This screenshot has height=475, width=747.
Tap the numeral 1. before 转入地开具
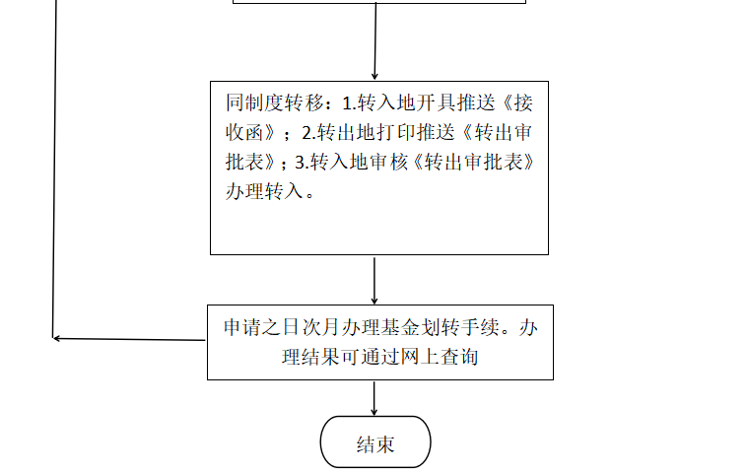click(x=349, y=103)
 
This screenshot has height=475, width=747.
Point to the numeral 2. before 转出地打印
click(x=309, y=133)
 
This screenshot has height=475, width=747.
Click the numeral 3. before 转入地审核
click(x=303, y=163)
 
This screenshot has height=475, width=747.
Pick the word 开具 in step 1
click(x=436, y=102)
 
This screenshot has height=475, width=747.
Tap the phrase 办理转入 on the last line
click(x=264, y=191)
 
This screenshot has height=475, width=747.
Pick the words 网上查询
click(x=440, y=357)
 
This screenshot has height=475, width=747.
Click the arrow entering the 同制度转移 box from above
click(x=375, y=41)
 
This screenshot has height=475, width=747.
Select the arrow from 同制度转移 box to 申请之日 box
click(x=374, y=281)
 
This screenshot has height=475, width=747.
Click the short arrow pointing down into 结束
click(x=373, y=398)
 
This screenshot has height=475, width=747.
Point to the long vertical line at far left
click(x=54, y=170)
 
